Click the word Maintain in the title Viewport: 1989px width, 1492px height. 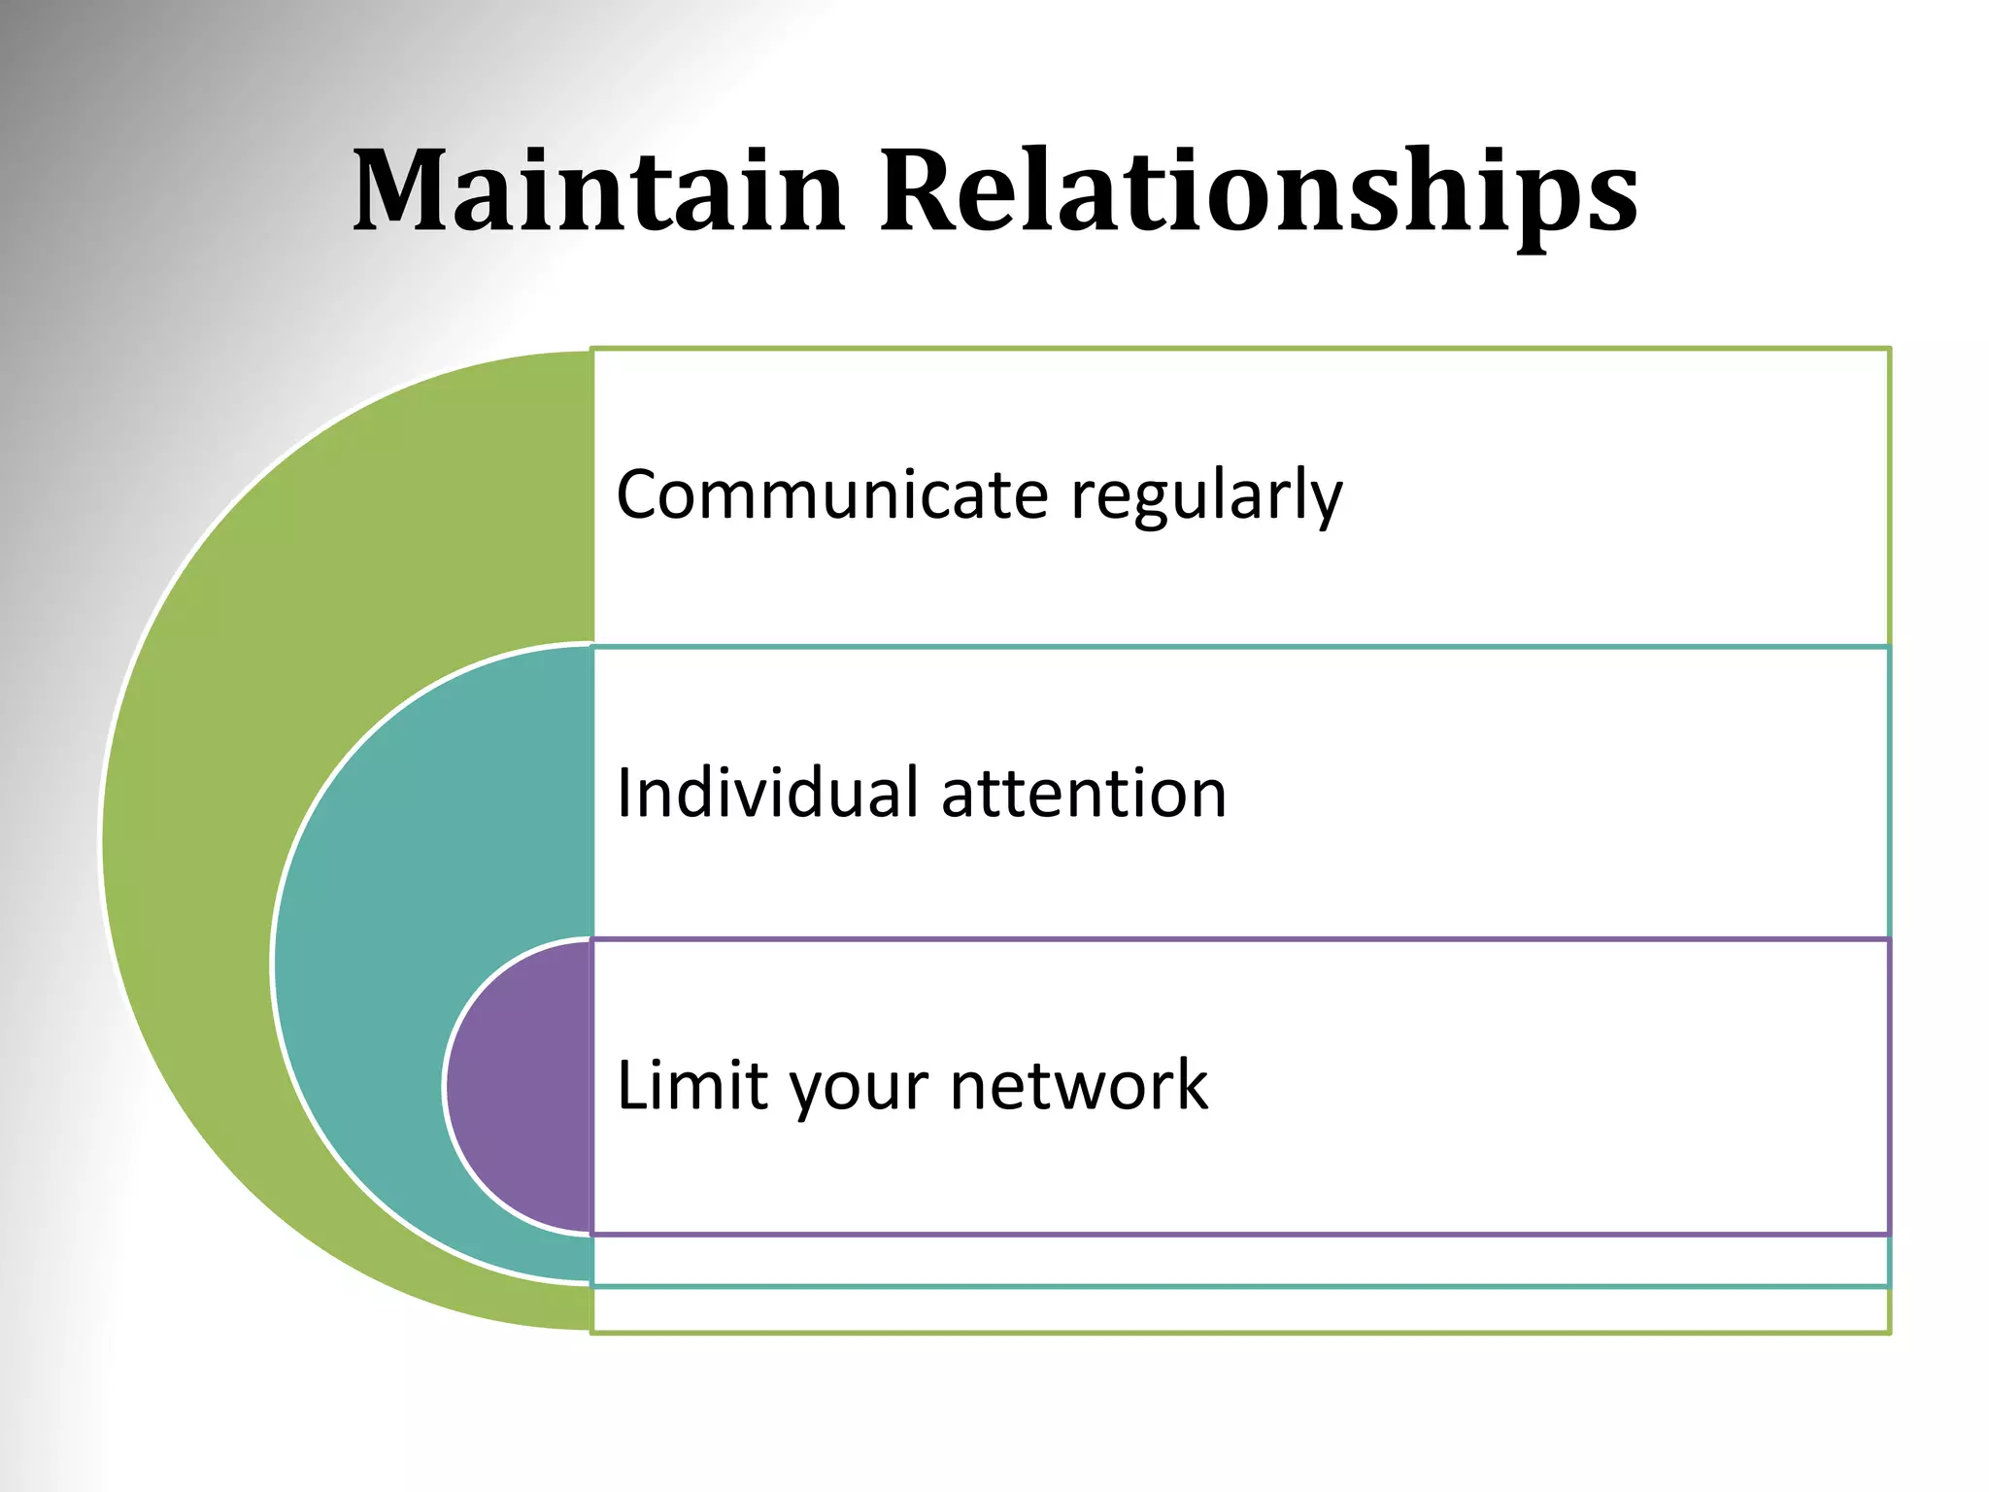pyautogui.click(x=597, y=191)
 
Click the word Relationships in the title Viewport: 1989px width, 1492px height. pyautogui.click(x=1259, y=191)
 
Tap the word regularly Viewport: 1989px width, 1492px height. pyautogui.click(x=1206, y=497)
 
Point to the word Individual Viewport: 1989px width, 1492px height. pyautogui.click(x=767, y=793)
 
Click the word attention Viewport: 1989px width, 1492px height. pyautogui.click(x=1084, y=795)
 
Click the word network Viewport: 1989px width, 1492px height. pyautogui.click(x=1078, y=1085)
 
